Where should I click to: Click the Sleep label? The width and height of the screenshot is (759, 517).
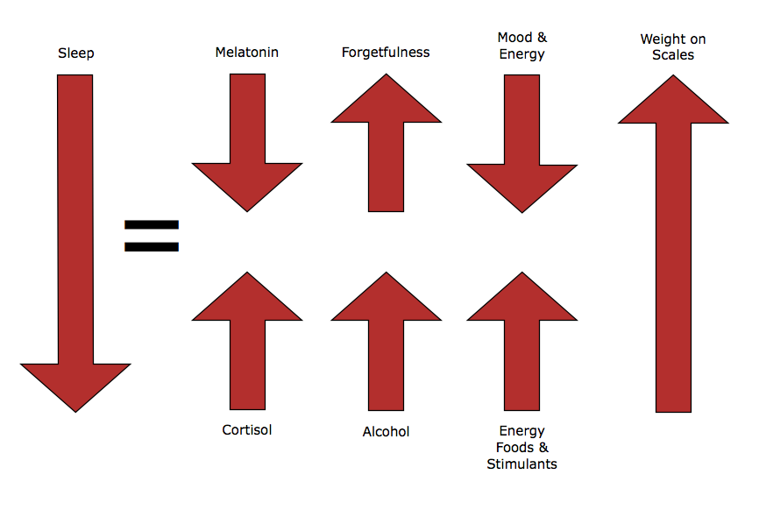[x=75, y=53]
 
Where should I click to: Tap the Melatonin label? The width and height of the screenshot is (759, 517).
[x=247, y=53]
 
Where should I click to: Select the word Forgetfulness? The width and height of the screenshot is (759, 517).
[x=386, y=53]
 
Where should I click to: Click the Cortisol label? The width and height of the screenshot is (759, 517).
[x=247, y=430]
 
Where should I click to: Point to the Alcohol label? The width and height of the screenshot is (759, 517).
[x=386, y=431]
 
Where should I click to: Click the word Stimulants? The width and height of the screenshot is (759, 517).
[x=521, y=464]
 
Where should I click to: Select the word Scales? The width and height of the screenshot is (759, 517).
[x=673, y=55]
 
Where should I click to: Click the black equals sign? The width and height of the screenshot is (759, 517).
[x=152, y=235]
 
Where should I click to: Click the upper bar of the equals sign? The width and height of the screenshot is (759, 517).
[x=152, y=224]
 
